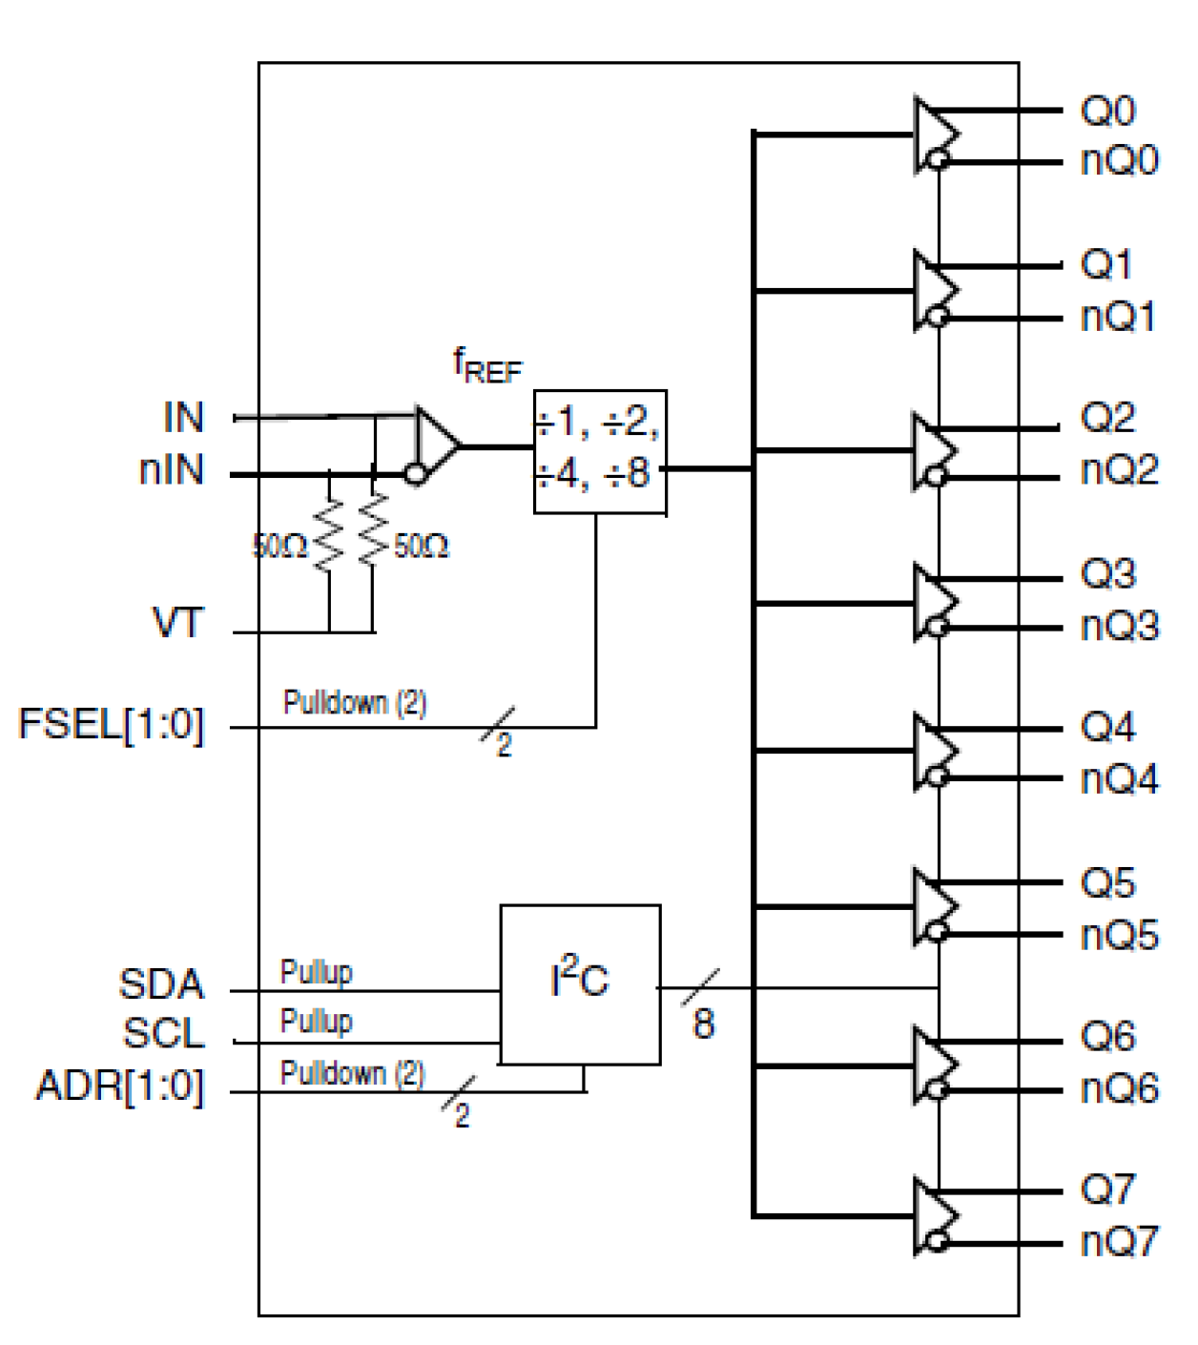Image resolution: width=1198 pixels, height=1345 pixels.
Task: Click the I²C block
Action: click(x=580, y=983)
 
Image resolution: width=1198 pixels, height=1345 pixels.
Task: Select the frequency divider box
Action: click(x=599, y=451)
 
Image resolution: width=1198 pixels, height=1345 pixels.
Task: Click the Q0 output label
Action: click(x=1107, y=111)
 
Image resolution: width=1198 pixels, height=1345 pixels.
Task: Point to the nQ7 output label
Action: click(x=1119, y=1241)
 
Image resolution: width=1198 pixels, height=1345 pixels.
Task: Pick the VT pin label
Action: click(x=178, y=623)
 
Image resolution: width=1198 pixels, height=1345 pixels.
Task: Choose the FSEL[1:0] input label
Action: click(x=112, y=724)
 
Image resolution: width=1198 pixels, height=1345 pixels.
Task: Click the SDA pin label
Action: click(x=161, y=983)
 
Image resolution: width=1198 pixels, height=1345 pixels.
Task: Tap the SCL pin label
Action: click(x=163, y=1033)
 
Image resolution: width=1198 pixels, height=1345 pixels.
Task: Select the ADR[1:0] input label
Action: click(x=120, y=1086)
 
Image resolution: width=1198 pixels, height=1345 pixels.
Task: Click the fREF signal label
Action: click(x=486, y=366)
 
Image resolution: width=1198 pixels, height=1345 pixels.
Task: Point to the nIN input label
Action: click(x=172, y=470)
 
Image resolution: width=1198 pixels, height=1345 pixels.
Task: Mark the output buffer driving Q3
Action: click(x=935, y=602)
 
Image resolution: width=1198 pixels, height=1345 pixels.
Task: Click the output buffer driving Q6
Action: click(x=935, y=1064)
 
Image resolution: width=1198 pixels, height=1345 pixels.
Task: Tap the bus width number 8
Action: click(x=703, y=1024)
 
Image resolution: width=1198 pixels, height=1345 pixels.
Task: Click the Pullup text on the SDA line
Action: click(x=316, y=972)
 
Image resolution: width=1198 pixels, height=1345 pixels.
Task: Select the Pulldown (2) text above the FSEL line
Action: click(x=354, y=703)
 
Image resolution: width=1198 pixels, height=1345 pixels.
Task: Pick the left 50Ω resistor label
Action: click(x=279, y=547)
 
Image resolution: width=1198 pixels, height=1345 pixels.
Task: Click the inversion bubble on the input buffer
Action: click(x=415, y=473)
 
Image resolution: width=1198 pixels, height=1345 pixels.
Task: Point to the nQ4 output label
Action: click(x=1119, y=779)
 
